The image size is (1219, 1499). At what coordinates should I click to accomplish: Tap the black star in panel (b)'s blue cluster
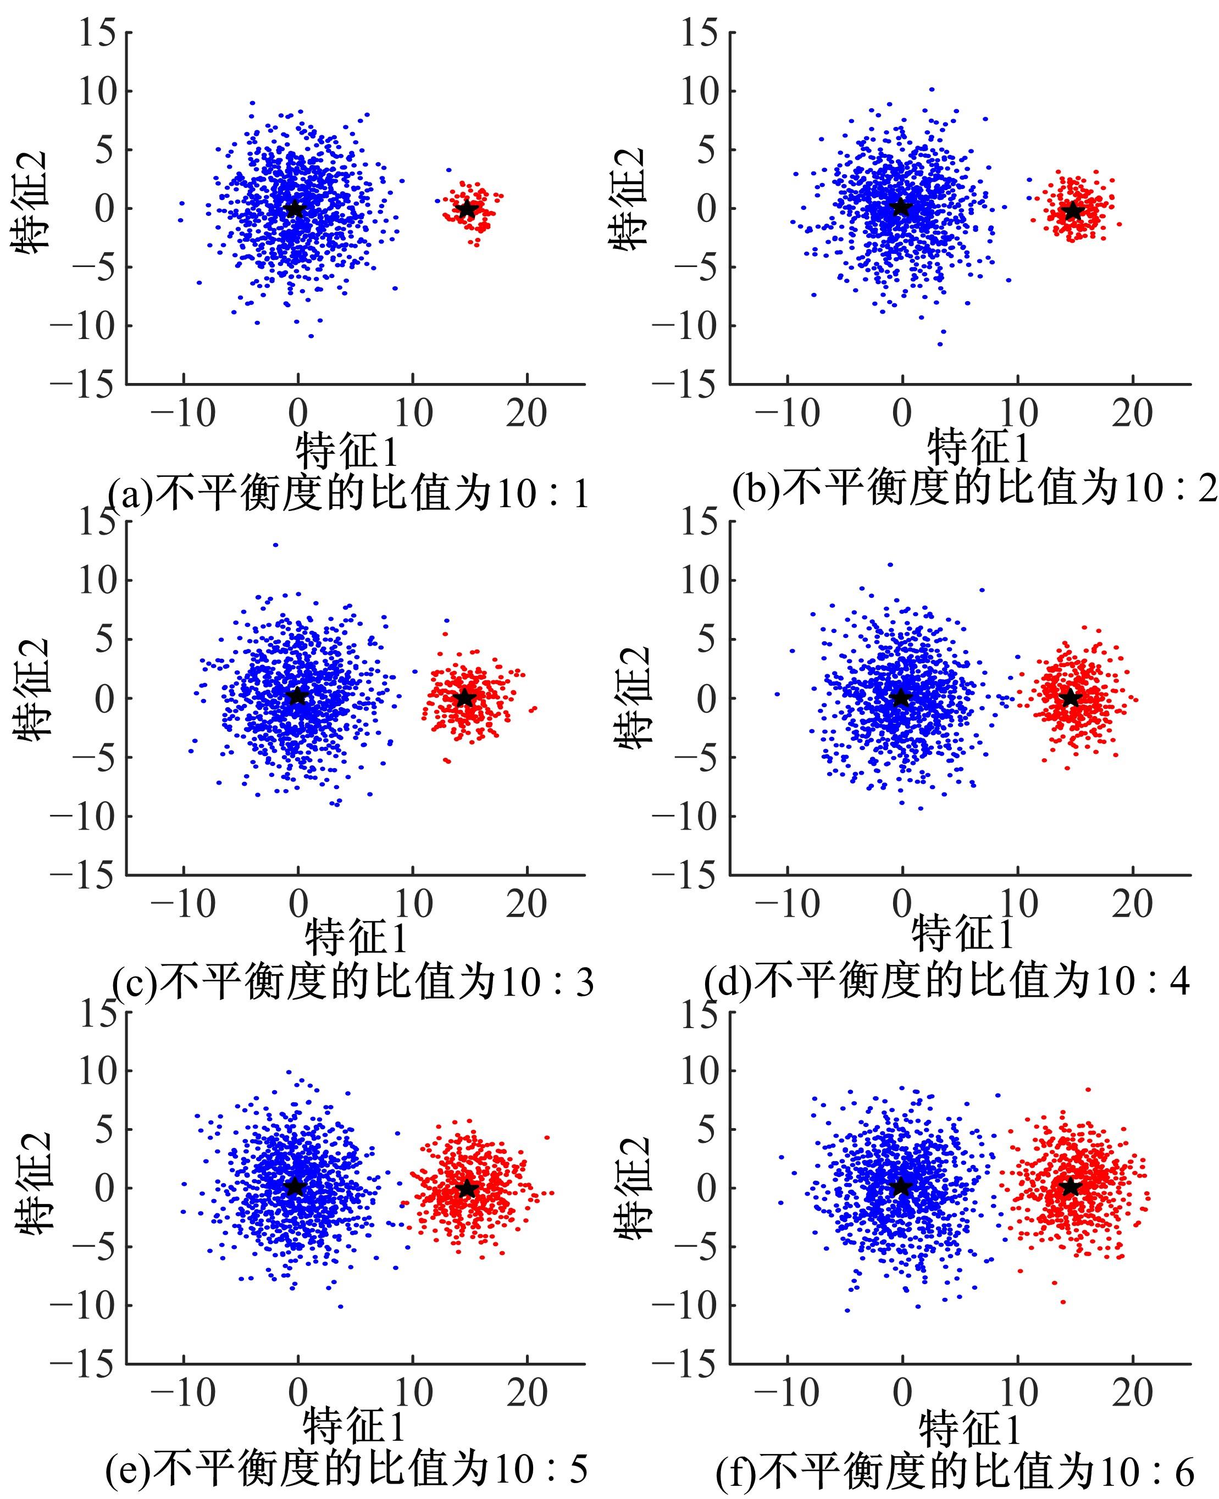pos(900,207)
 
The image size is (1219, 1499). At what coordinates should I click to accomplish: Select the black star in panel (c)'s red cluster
pos(466,698)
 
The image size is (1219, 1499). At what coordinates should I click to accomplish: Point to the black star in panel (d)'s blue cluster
pos(900,698)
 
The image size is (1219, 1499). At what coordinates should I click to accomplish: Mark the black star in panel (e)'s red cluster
pos(468,1188)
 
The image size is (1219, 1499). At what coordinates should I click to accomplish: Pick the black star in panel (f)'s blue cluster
pos(900,1186)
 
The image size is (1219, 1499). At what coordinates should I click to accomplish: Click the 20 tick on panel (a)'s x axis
pos(527,413)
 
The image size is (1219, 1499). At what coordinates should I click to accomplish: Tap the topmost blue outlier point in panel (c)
pos(275,544)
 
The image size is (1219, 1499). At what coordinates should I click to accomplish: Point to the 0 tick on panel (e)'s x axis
pos(298,1393)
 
